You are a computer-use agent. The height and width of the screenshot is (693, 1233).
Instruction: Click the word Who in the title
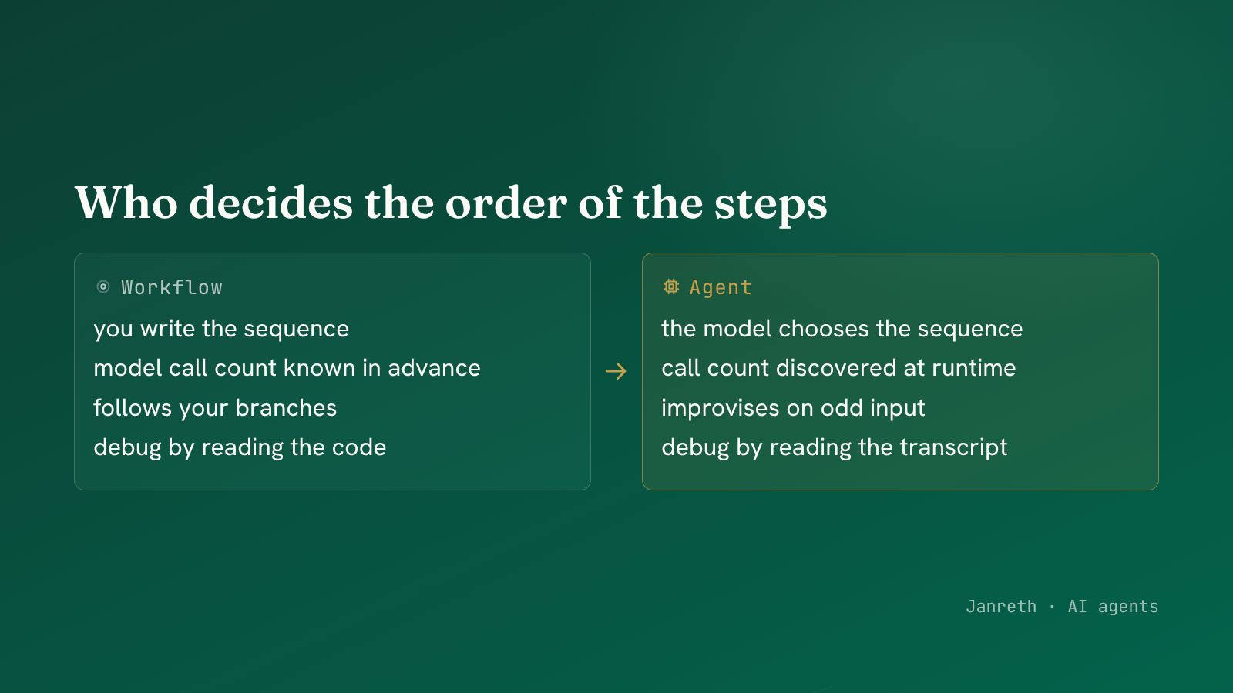tap(126, 203)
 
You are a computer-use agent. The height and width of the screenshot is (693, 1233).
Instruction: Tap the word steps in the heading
tap(771, 206)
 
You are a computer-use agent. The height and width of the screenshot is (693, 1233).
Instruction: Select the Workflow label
tap(172, 287)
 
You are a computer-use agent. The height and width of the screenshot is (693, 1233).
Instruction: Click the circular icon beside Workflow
tap(103, 286)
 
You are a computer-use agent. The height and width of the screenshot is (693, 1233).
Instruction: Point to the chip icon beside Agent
tap(671, 286)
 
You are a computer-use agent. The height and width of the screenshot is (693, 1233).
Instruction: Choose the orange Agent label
tap(721, 288)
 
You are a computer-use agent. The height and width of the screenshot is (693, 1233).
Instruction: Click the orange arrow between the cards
tap(616, 371)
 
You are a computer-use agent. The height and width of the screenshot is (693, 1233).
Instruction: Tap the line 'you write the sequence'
tap(221, 330)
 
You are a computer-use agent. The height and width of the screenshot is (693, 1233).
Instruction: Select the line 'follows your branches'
tap(215, 408)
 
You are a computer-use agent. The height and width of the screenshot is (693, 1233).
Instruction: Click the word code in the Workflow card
tap(362, 447)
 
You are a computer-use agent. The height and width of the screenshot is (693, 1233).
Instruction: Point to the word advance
tap(435, 368)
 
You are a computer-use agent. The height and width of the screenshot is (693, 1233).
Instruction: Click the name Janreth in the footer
tap(1001, 607)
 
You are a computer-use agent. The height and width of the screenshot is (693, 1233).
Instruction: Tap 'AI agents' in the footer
tap(1113, 608)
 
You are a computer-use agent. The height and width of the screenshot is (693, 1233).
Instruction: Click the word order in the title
tap(506, 203)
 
